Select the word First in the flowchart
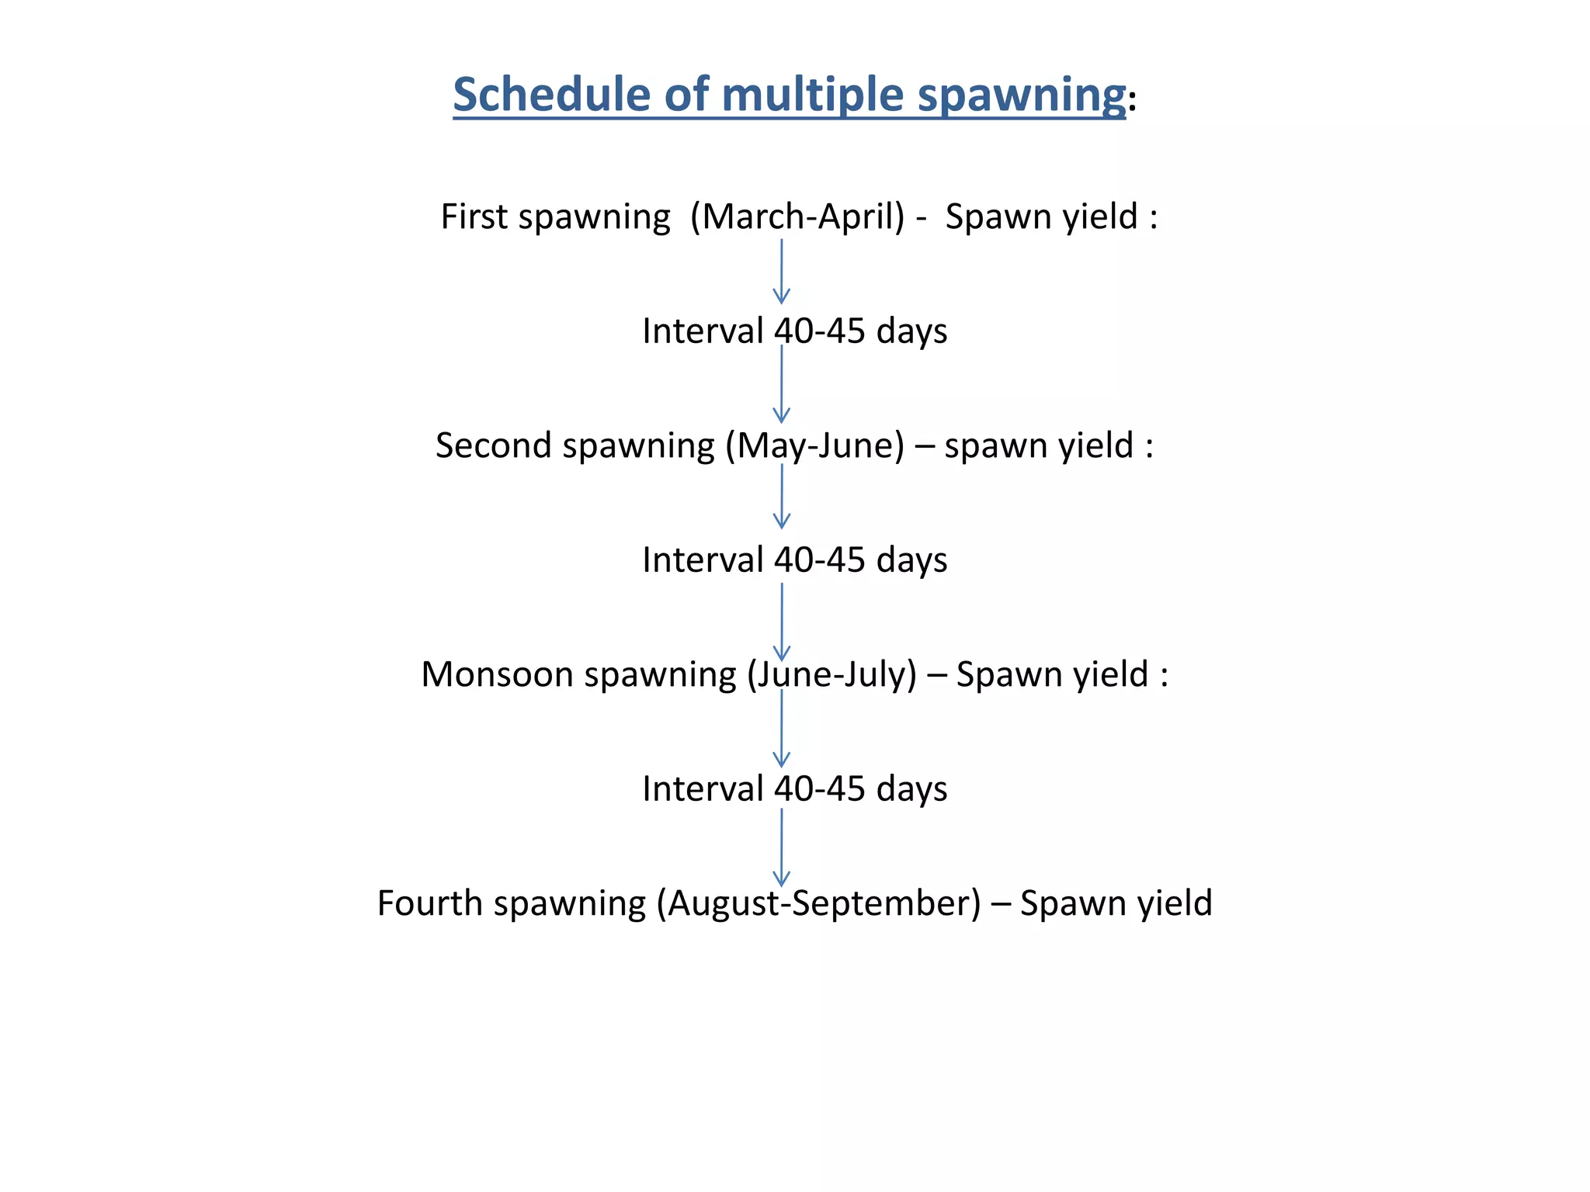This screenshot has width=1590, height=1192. tap(474, 217)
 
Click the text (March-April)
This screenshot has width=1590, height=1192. tap(797, 217)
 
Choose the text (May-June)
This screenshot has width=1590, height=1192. tap(815, 446)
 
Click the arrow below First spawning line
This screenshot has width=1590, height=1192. tap(782, 271)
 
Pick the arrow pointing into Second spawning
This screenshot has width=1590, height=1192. tap(782, 384)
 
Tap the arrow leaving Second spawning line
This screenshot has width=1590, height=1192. tap(782, 497)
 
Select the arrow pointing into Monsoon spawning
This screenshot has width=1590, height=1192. tap(782, 622)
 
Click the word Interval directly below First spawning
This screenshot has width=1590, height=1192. tap(703, 331)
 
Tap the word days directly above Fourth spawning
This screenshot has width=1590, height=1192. tap(911, 789)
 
